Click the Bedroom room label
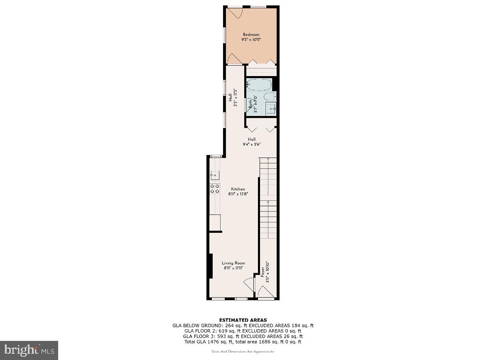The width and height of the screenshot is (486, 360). coord(251,35)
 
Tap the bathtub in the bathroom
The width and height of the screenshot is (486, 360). coord(259,85)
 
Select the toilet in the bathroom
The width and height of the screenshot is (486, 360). coord(270,97)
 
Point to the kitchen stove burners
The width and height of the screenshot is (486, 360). coord(215,188)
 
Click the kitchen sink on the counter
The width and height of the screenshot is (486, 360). coord(214,175)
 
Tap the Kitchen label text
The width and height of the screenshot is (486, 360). coord(238,189)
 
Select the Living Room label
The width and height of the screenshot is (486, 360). coord(233,263)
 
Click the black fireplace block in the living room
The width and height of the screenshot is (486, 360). coord(211,266)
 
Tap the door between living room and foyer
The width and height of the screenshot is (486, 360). coord(248,285)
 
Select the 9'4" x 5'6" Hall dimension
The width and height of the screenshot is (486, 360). coord(252,144)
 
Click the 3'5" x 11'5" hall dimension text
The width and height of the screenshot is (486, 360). coord(235,98)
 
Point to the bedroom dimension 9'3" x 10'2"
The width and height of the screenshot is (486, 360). coord(251,39)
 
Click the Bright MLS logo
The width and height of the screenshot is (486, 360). coord(29,350)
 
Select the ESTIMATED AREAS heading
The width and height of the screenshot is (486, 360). coord(243,320)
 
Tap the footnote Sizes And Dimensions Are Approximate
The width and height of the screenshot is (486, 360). coord(243,352)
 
